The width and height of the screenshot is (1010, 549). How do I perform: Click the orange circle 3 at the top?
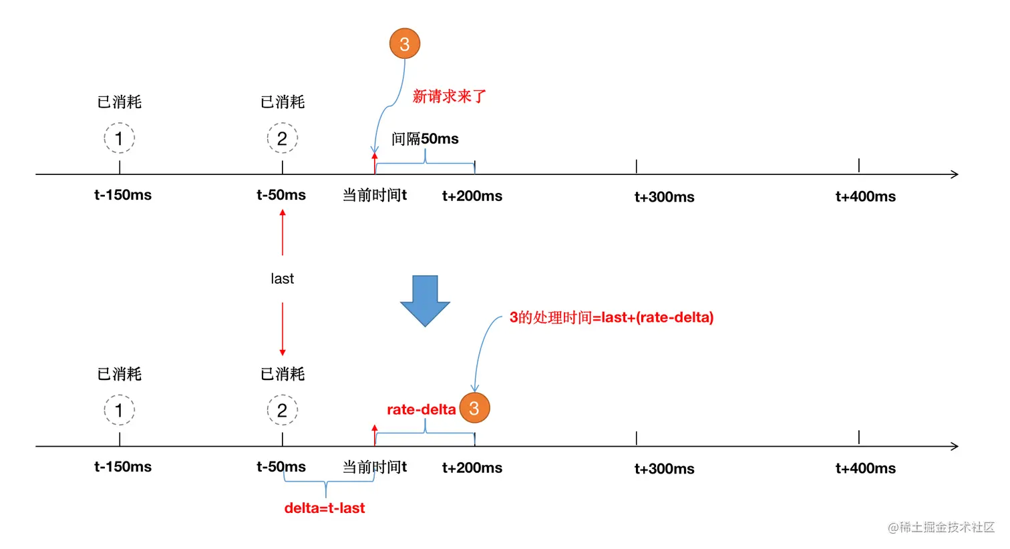tap(404, 44)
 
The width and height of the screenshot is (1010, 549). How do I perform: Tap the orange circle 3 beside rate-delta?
tap(474, 408)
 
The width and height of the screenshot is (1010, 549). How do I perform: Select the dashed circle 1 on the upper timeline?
tap(119, 138)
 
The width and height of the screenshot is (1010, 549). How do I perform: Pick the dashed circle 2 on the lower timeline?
tap(282, 410)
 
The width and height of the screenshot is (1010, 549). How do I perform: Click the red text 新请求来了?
tap(449, 96)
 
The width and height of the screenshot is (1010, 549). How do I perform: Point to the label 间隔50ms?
tap(425, 139)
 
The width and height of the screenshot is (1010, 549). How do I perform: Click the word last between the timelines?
tap(282, 279)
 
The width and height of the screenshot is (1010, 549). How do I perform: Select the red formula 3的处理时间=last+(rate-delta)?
tap(611, 317)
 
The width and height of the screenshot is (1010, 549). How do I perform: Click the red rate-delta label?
tap(421, 409)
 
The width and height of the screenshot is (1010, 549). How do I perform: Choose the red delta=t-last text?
tap(325, 508)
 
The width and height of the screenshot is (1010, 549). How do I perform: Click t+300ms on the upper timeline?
tap(664, 197)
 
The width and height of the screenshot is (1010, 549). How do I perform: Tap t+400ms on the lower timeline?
tap(865, 468)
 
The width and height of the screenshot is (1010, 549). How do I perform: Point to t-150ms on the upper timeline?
tap(123, 195)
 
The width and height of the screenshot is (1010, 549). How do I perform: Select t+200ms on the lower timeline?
tap(472, 468)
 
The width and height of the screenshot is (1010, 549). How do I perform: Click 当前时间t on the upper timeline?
tap(375, 195)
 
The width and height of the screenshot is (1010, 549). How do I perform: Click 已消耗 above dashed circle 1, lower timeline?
tap(120, 374)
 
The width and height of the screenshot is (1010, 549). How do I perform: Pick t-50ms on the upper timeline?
tap(281, 195)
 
